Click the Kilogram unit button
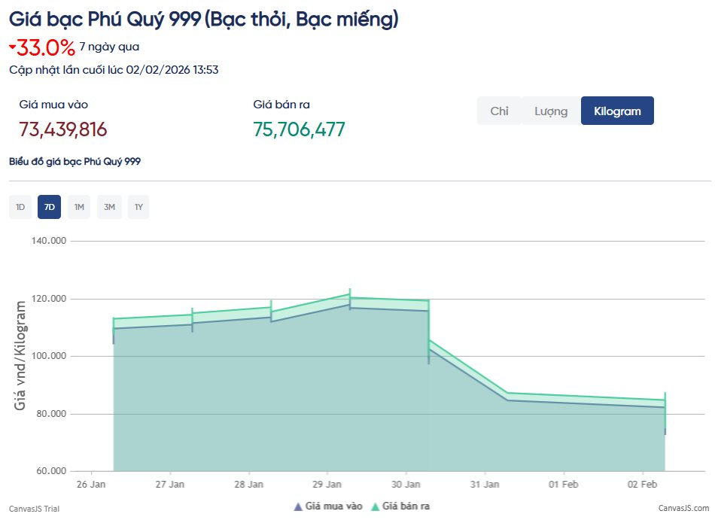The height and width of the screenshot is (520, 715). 617,111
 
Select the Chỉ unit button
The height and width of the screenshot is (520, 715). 499,111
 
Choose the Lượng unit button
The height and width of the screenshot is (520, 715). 551,111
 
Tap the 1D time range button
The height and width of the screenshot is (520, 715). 20,207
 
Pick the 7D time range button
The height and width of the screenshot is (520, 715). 49,207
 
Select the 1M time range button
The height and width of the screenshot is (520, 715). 79,207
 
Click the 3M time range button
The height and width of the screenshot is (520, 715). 109,207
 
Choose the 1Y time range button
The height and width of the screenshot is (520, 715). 138,207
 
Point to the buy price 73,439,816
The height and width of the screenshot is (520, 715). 63,129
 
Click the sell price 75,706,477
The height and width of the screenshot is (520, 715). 299,129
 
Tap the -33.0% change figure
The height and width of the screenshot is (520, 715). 46,48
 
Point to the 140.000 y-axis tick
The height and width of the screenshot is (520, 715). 49,241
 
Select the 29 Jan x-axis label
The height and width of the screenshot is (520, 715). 328,484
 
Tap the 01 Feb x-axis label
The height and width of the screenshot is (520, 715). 563,484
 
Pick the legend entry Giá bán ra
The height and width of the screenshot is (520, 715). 406,506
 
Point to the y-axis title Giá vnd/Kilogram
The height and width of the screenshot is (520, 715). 21,355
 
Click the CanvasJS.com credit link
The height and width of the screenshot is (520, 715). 683,509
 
